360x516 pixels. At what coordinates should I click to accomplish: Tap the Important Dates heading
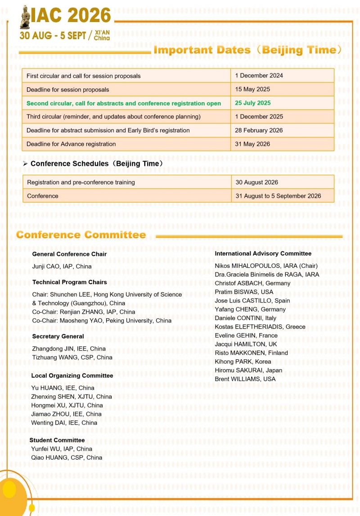pos(247,50)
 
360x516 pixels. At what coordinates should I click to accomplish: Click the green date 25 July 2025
pos(253,103)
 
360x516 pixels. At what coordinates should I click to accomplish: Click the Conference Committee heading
pos(81,235)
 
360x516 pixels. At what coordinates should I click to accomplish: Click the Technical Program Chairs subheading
pos(69,282)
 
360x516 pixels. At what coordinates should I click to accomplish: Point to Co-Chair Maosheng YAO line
pos(102,321)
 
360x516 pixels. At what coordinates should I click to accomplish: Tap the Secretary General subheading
pos(58,336)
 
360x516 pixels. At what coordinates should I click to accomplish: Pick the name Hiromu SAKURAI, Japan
pos(248,371)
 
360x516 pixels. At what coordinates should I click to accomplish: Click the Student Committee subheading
pos(57,440)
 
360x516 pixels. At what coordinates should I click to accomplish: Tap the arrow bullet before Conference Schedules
pos(25,164)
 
